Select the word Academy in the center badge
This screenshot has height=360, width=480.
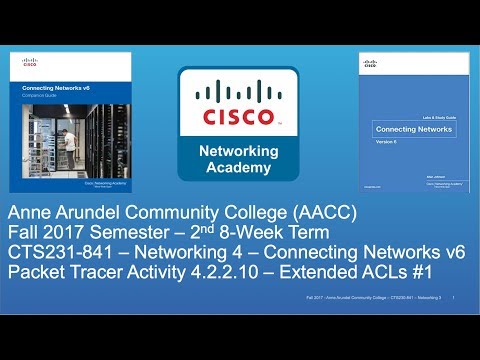pyautogui.click(x=240, y=168)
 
